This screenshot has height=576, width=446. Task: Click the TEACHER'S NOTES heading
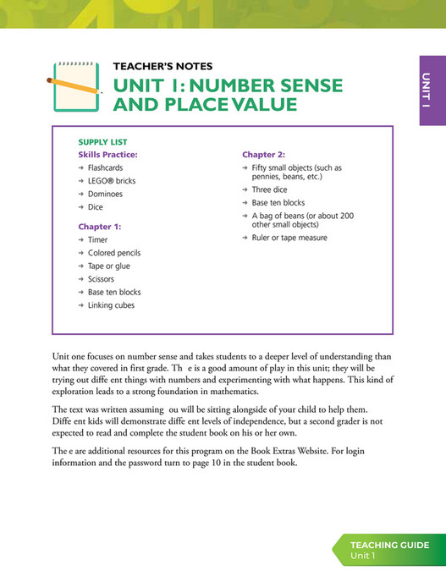[162, 66]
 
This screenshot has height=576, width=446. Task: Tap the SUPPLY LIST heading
[102, 142]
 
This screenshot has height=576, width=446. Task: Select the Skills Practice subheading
[107, 155]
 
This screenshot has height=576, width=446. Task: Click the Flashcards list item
[106, 168]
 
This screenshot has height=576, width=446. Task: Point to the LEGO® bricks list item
[111, 181]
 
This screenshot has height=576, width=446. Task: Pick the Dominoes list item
[105, 194]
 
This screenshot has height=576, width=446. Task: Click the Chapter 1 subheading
[100, 227]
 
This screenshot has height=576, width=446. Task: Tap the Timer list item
[97, 240]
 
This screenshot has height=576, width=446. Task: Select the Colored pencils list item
[114, 253]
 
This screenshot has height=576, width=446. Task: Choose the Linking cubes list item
[111, 305]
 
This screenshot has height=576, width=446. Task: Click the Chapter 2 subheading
[263, 155]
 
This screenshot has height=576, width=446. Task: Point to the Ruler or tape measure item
[289, 238]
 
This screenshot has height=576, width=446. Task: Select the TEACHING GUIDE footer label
[389, 546]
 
